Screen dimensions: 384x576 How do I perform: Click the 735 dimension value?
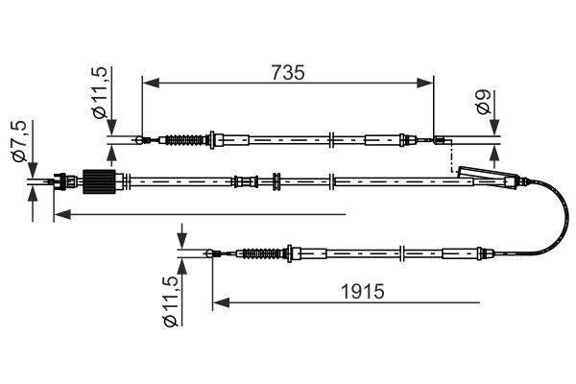287,72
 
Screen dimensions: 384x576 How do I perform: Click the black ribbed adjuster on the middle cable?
99,180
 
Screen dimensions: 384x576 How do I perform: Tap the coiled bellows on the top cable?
185,141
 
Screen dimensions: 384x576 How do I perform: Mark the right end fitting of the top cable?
440,142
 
